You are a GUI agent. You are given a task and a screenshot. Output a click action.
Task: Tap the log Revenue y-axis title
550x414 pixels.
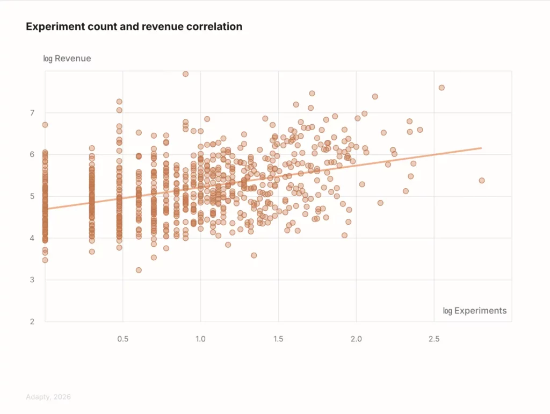click(67, 59)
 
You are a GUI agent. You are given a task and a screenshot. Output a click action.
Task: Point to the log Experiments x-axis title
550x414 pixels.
click(475, 311)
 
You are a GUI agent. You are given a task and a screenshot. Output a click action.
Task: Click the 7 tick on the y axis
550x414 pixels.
click(32, 113)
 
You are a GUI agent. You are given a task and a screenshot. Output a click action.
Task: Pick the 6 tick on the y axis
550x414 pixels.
click(32, 155)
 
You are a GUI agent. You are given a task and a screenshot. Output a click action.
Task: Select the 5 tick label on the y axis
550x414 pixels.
click(32, 196)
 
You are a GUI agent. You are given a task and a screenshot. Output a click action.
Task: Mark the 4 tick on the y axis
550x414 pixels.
click(32, 238)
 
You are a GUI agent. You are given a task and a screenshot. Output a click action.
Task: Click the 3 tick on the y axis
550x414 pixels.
click(32, 280)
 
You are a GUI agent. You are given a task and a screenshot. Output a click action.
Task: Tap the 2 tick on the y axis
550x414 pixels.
click(32, 322)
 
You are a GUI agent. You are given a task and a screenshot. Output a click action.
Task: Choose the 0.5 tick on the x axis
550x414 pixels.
click(123, 339)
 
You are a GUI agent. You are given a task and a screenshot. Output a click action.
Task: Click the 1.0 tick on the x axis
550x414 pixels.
click(200, 339)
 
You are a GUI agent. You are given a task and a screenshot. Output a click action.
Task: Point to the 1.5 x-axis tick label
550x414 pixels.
click(278, 339)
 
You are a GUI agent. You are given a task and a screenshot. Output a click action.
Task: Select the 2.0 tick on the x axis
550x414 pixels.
click(356, 339)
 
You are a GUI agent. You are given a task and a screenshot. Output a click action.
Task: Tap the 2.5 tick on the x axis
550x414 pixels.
click(434, 339)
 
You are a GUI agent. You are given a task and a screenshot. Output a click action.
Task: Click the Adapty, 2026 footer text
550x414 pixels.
click(48, 397)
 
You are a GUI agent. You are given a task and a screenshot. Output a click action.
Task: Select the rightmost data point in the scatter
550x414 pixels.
click(482, 181)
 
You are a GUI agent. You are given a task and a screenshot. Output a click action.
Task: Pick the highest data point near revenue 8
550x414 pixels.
click(185, 74)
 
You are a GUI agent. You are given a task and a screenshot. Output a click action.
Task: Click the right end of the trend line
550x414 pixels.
click(481, 148)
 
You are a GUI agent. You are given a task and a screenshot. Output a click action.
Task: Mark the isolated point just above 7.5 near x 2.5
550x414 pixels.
click(442, 88)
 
